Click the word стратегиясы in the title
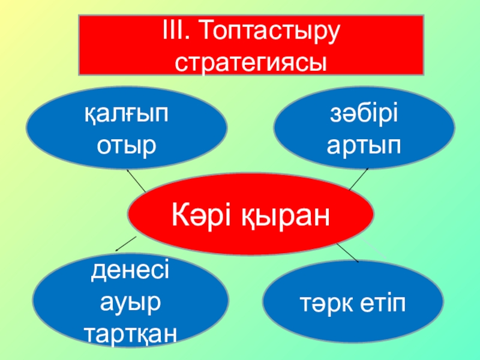(251, 62)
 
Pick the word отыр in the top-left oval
(127, 145)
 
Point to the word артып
(364, 145)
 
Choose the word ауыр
(130, 302)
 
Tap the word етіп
(380, 304)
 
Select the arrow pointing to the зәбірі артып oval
(359, 178)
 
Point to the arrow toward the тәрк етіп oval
(347, 253)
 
